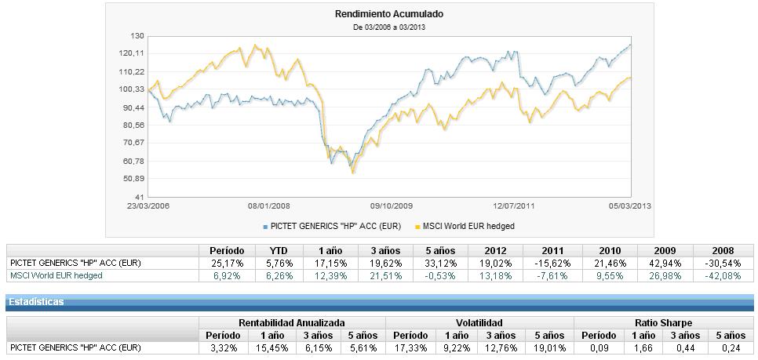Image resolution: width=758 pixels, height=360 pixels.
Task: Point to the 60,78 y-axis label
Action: (134, 161)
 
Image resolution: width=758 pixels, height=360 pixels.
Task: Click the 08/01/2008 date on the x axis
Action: (269, 205)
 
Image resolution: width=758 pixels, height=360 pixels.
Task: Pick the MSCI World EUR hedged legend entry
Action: (468, 227)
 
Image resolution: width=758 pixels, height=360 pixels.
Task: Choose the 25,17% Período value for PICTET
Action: (227, 264)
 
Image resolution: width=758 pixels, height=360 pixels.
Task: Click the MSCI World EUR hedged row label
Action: (56, 275)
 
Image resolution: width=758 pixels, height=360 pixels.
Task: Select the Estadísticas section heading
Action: (36, 301)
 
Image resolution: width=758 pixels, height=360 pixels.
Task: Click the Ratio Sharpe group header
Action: (665, 323)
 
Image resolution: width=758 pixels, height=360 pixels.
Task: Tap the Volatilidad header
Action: (479, 323)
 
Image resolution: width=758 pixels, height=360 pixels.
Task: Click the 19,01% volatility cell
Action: (548, 347)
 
